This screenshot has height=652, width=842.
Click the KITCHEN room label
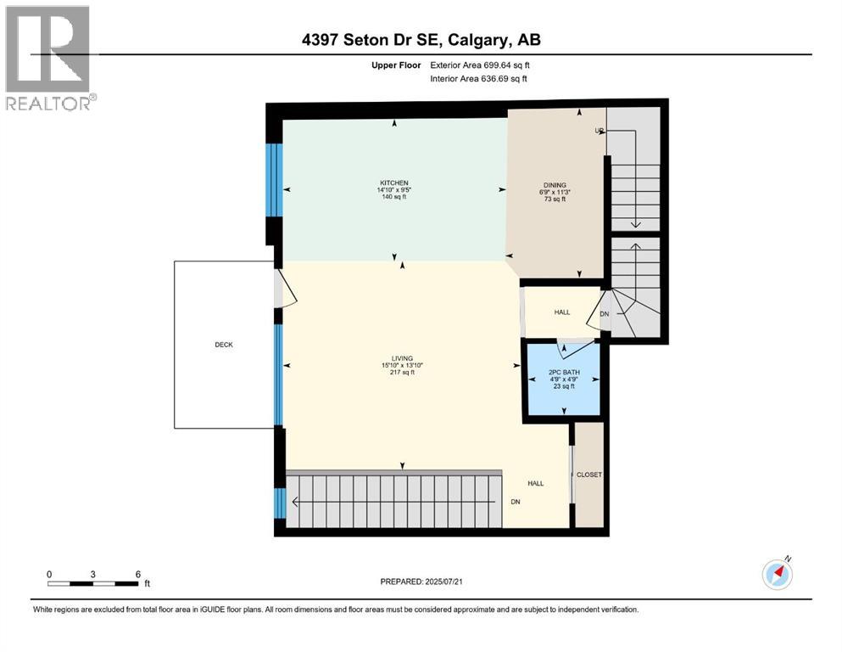[394, 183]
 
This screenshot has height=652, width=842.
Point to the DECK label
[223, 344]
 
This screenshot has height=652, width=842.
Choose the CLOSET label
[588, 475]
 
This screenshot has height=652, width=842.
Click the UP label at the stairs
[599, 131]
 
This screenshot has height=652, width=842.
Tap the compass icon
[777, 574]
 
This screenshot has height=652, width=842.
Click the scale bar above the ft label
[93, 583]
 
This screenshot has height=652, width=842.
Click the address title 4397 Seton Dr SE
[421, 39]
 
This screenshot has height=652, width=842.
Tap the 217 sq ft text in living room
[402, 373]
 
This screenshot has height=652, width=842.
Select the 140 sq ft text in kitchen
[394, 197]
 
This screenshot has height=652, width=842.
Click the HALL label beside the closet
[536, 483]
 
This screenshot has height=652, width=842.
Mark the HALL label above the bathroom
[562, 312]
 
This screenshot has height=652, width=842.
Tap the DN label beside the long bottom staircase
[515, 502]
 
